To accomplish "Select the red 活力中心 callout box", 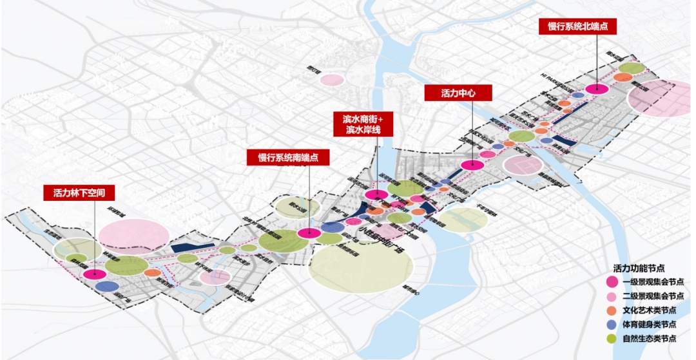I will point(458,93).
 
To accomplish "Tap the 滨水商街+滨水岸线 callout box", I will point(363,124).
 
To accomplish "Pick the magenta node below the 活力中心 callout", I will point(472,165).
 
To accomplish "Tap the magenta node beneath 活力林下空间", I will point(95,274).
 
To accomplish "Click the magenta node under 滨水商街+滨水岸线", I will point(375,194).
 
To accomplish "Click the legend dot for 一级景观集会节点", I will point(612,281).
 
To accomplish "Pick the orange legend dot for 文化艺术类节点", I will point(612,310).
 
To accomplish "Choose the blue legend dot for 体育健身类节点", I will point(612,325).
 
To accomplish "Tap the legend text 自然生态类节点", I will point(650,339).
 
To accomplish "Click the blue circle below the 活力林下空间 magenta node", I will point(107,287).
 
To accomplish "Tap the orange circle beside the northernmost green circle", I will point(623,78).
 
